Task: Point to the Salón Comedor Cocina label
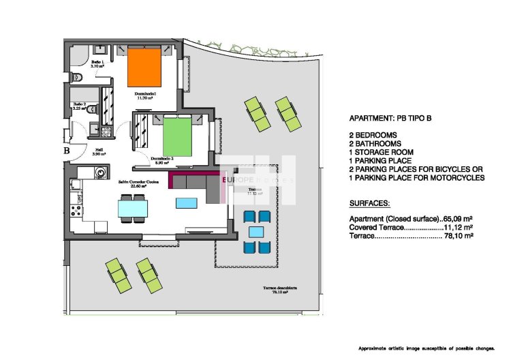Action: click(x=139, y=182)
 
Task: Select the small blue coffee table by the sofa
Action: click(x=185, y=202)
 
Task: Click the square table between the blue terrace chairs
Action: click(x=256, y=232)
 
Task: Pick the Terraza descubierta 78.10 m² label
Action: click(x=283, y=290)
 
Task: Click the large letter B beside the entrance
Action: click(x=67, y=151)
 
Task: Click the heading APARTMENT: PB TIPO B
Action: click(x=390, y=117)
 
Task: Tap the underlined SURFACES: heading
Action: click(x=369, y=204)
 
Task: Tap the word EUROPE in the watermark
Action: click(x=236, y=179)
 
